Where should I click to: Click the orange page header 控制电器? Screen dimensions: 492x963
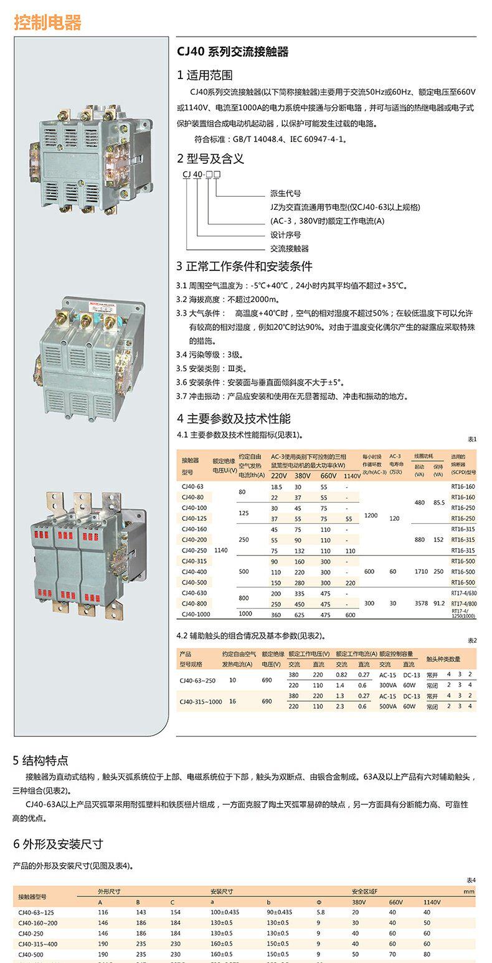[x=47, y=23]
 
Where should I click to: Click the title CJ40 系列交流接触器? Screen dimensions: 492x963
[x=232, y=52]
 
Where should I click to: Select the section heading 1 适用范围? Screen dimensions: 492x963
[x=205, y=75]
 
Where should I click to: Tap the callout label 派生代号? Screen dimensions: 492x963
[x=285, y=194]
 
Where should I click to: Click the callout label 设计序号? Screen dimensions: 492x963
[x=285, y=235]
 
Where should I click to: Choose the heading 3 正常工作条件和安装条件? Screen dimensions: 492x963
[x=244, y=267]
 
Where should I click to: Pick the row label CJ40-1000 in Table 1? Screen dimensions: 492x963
[x=196, y=614]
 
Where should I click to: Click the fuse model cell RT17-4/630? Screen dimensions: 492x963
[x=463, y=593]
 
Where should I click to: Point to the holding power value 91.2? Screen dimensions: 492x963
[x=438, y=604]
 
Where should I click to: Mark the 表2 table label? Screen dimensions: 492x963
[x=471, y=640]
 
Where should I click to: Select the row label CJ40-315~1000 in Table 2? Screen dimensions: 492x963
[x=200, y=701]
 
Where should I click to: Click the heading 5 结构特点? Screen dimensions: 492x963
[x=41, y=760]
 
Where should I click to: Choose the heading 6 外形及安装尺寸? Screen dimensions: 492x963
[x=58, y=844]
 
